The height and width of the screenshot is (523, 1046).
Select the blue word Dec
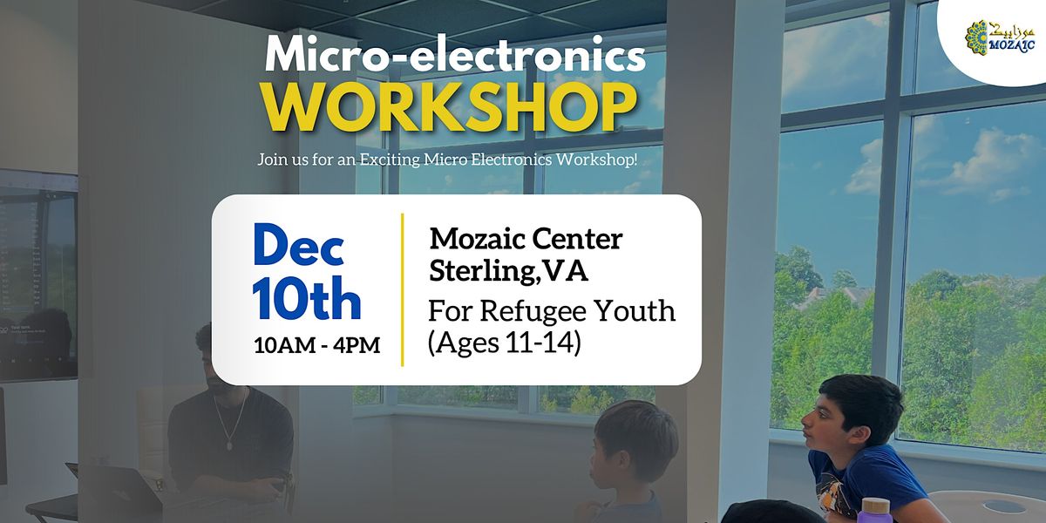click(298, 247)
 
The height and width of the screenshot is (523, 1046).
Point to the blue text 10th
click(307, 300)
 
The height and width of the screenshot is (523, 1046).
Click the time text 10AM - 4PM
click(316, 346)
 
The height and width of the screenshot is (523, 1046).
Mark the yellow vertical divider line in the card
click(401, 289)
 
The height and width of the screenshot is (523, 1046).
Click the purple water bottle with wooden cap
click(875, 510)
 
